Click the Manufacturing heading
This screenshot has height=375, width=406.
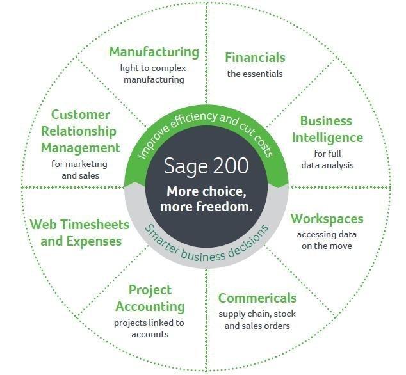click(x=154, y=52)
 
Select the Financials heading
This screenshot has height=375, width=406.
click(x=255, y=57)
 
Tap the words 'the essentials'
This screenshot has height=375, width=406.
click(x=255, y=74)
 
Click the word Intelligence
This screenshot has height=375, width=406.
click(x=327, y=138)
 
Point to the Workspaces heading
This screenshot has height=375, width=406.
click(x=327, y=219)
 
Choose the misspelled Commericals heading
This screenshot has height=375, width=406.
click(x=257, y=298)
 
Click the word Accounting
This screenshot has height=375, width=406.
click(x=150, y=307)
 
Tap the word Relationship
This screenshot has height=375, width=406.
click(x=79, y=131)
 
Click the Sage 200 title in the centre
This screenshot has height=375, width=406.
click(x=206, y=166)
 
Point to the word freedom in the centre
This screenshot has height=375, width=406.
click(x=224, y=207)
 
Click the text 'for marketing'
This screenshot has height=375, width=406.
click(x=79, y=164)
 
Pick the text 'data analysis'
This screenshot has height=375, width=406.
click(x=327, y=165)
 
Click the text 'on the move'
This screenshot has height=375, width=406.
click(x=327, y=246)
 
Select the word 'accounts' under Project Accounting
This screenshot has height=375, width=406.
click(x=150, y=335)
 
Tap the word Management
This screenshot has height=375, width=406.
click(x=80, y=148)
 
